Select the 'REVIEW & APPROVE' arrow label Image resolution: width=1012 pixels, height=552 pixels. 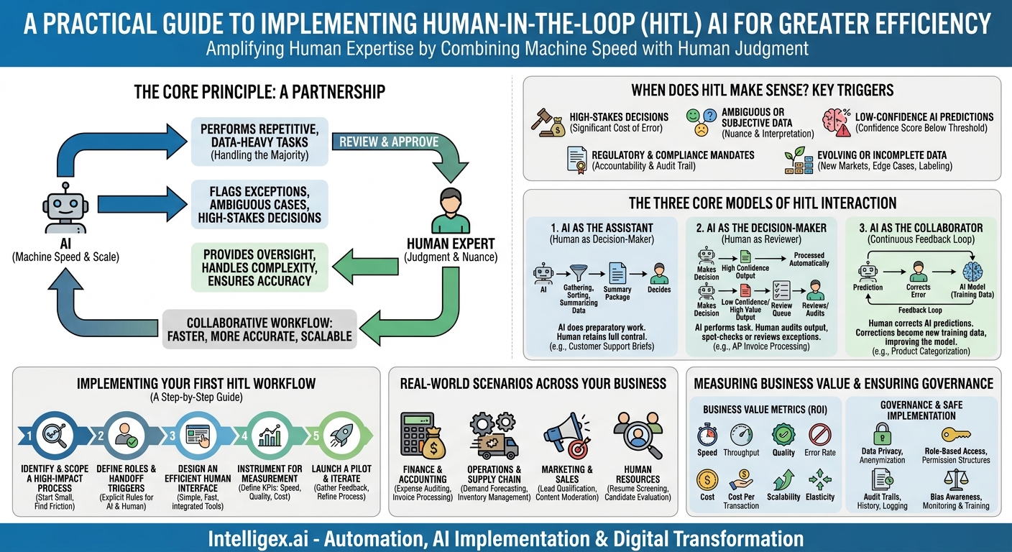[389, 141]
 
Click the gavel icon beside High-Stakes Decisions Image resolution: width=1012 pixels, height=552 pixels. [546, 122]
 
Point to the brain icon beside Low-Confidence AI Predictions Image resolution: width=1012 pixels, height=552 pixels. [836, 121]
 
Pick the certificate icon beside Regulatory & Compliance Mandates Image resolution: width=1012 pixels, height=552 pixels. [576, 160]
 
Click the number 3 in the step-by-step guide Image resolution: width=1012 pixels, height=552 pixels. [173, 434]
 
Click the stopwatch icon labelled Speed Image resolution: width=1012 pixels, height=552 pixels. [707, 435]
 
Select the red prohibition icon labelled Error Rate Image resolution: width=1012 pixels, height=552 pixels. [819, 435]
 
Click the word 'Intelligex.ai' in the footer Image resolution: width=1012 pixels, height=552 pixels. [255, 538]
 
